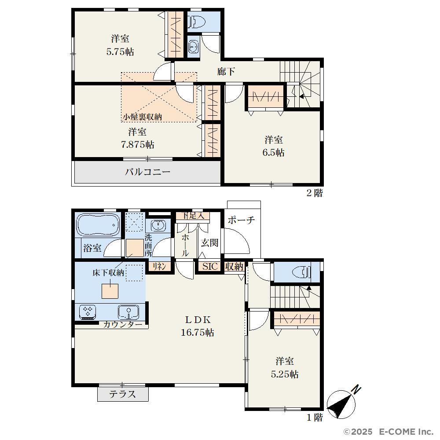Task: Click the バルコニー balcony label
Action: tap(147, 172)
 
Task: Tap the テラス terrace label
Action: tap(123, 394)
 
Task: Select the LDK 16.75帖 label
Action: tap(198, 326)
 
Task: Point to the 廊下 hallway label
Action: tap(226, 72)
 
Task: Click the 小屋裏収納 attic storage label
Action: tap(143, 117)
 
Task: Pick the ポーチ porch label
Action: tap(241, 220)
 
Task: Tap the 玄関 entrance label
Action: tap(209, 242)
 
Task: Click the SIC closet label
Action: tap(210, 266)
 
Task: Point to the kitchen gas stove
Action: tap(88, 312)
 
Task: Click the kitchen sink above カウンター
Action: tap(128, 312)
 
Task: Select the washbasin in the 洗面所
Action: tap(158, 225)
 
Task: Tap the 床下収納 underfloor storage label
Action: tap(108, 272)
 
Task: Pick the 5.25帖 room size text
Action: tap(285, 374)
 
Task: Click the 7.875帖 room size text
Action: tap(137, 144)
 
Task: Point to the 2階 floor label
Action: tap(315, 193)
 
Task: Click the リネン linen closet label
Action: tap(159, 266)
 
